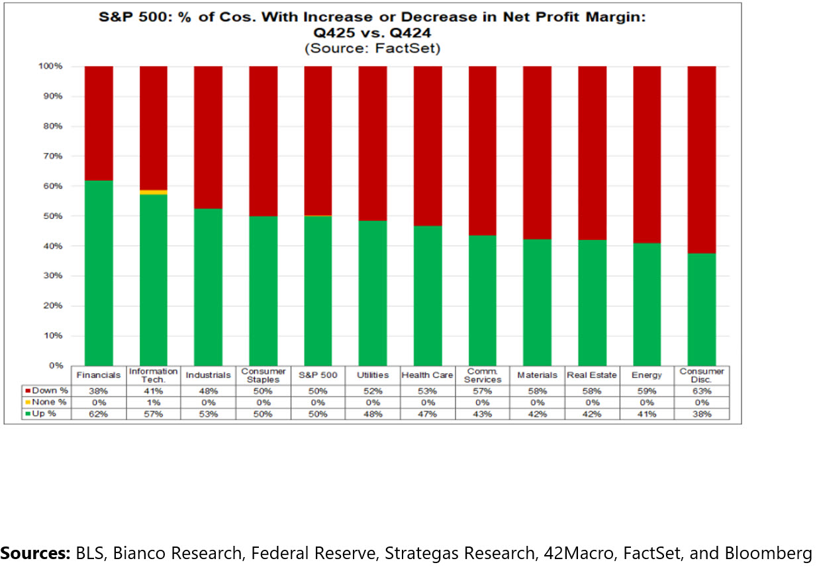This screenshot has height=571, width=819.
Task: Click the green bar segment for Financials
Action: click(x=99, y=273)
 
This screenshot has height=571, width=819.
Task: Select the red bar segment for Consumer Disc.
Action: click(x=701, y=159)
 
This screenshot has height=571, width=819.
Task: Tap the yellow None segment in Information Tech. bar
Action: click(x=153, y=192)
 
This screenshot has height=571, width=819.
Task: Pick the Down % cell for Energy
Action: click(x=647, y=390)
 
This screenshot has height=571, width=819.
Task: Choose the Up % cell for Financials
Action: click(x=99, y=414)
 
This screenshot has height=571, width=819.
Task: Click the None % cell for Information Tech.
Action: click(x=153, y=402)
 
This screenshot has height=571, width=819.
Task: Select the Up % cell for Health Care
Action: click(x=427, y=414)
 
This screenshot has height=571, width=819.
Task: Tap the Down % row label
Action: click(x=48, y=390)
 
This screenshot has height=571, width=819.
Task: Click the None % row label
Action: click(x=48, y=402)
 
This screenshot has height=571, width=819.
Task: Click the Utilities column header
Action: click(x=372, y=375)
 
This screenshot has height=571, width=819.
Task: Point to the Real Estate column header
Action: click(x=591, y=375)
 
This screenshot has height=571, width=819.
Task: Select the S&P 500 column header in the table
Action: click(x=318, y=375)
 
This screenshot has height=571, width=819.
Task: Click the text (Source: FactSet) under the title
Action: click(x=372, y=48)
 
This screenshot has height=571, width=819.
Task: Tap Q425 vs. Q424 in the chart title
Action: click(x=372, y=33)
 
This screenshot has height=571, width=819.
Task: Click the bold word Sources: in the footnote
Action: click(x=36, y=553)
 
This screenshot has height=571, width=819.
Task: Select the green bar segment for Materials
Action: click(x=537, y=302)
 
